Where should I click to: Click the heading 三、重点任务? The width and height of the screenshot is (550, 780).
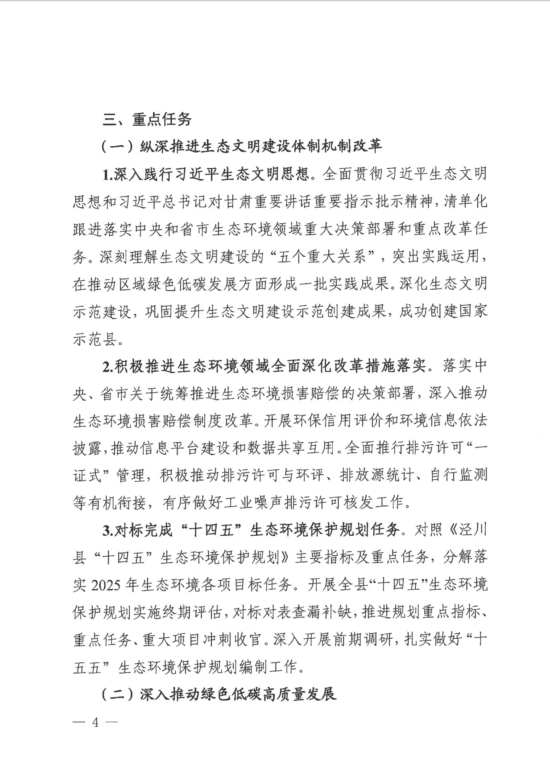click(x=147, y=119)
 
